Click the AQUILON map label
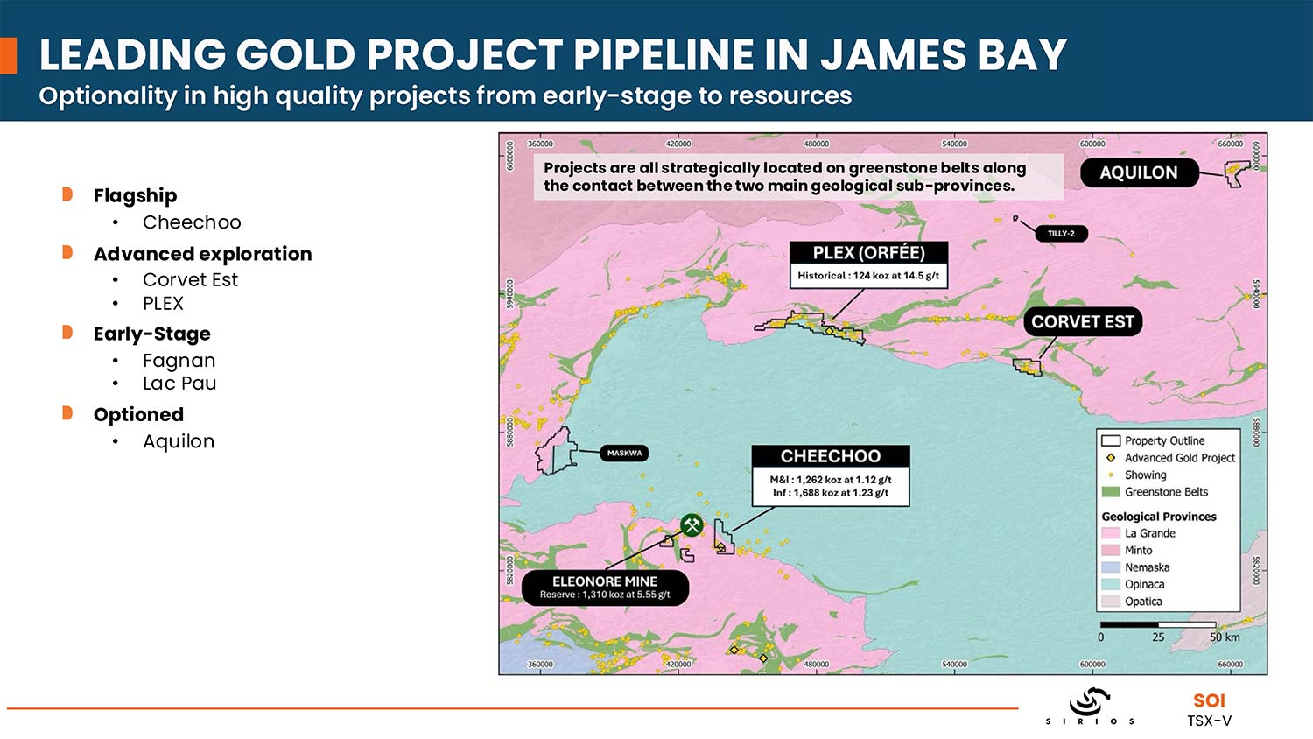click(1138, 172)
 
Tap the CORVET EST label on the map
click(1082, 321)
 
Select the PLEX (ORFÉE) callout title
click(868, 253)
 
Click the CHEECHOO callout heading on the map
click(830, 456)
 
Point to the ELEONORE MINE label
click(605, 581)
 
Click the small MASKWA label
click(624, 453)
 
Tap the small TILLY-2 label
click(1061, 233)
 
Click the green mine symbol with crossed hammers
click(692, 525)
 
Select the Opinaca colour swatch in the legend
click(1111, 584)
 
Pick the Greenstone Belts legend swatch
click(1111, 492)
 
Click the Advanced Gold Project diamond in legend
click(1111, 458)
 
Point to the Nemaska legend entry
click(1147, 567)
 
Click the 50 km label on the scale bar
click(1224, 637)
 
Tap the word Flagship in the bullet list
click(135, 195)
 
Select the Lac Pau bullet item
click(179, 384)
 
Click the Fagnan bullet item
click(179, 361)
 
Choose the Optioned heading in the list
click(138, 415)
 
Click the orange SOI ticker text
click(1209, 700)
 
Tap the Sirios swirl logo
click(1090, 701)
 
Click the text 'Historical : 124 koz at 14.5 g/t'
click(868, 275)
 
